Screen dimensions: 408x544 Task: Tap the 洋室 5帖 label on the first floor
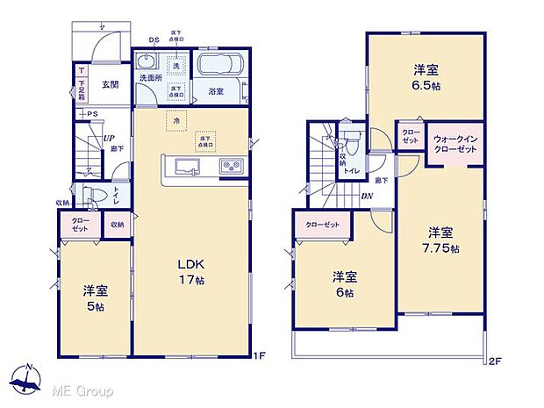coord(96,298)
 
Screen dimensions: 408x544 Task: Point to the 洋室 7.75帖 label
coord(440,240)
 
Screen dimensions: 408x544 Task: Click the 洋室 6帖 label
coord(344,283)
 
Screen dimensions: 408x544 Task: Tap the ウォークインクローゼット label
coord(454,144)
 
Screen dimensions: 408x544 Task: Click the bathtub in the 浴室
coord(218,67)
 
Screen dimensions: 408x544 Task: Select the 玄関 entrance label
coord(110,84)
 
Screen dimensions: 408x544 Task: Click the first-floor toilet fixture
coord(95,196)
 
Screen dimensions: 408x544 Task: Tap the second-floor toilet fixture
coord(351,140)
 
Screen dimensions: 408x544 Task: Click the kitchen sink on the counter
coord(185,167)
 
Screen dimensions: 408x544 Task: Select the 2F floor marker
coord(493,360)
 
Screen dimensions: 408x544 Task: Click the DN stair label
coord(369,197)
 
